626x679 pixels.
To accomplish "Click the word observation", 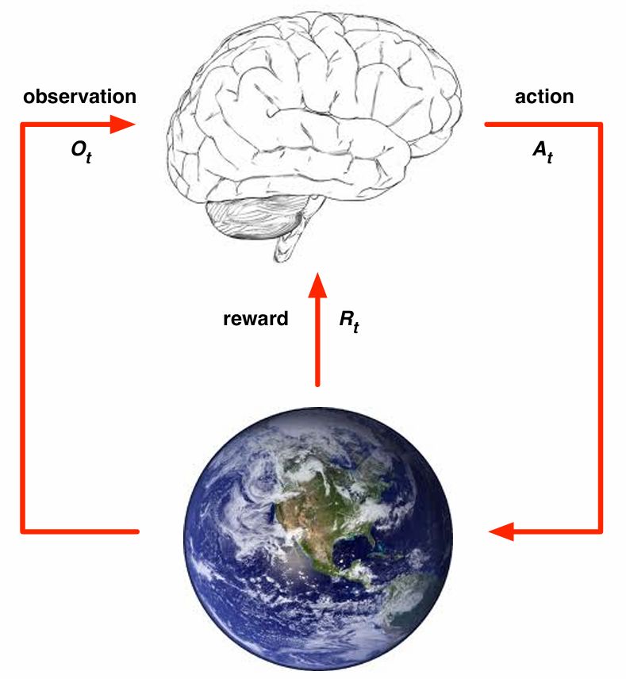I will tap(79, 97).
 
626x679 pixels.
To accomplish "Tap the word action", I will tap(543, 97).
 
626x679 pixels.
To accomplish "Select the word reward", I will tap(256, 319).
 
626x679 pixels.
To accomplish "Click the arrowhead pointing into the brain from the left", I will tap(123, 125).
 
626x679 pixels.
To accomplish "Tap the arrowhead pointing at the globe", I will tap(501, 531).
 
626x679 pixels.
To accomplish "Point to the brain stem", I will tap(283, 247).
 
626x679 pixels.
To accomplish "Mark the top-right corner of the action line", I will tap(600, 125).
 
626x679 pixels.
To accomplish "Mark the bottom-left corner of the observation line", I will tap(23, 531).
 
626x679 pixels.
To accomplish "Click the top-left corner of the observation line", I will tap(23, 125).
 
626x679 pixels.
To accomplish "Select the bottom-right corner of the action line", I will tap(600, 531).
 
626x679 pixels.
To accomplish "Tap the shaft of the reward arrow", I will tap(317, 341).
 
